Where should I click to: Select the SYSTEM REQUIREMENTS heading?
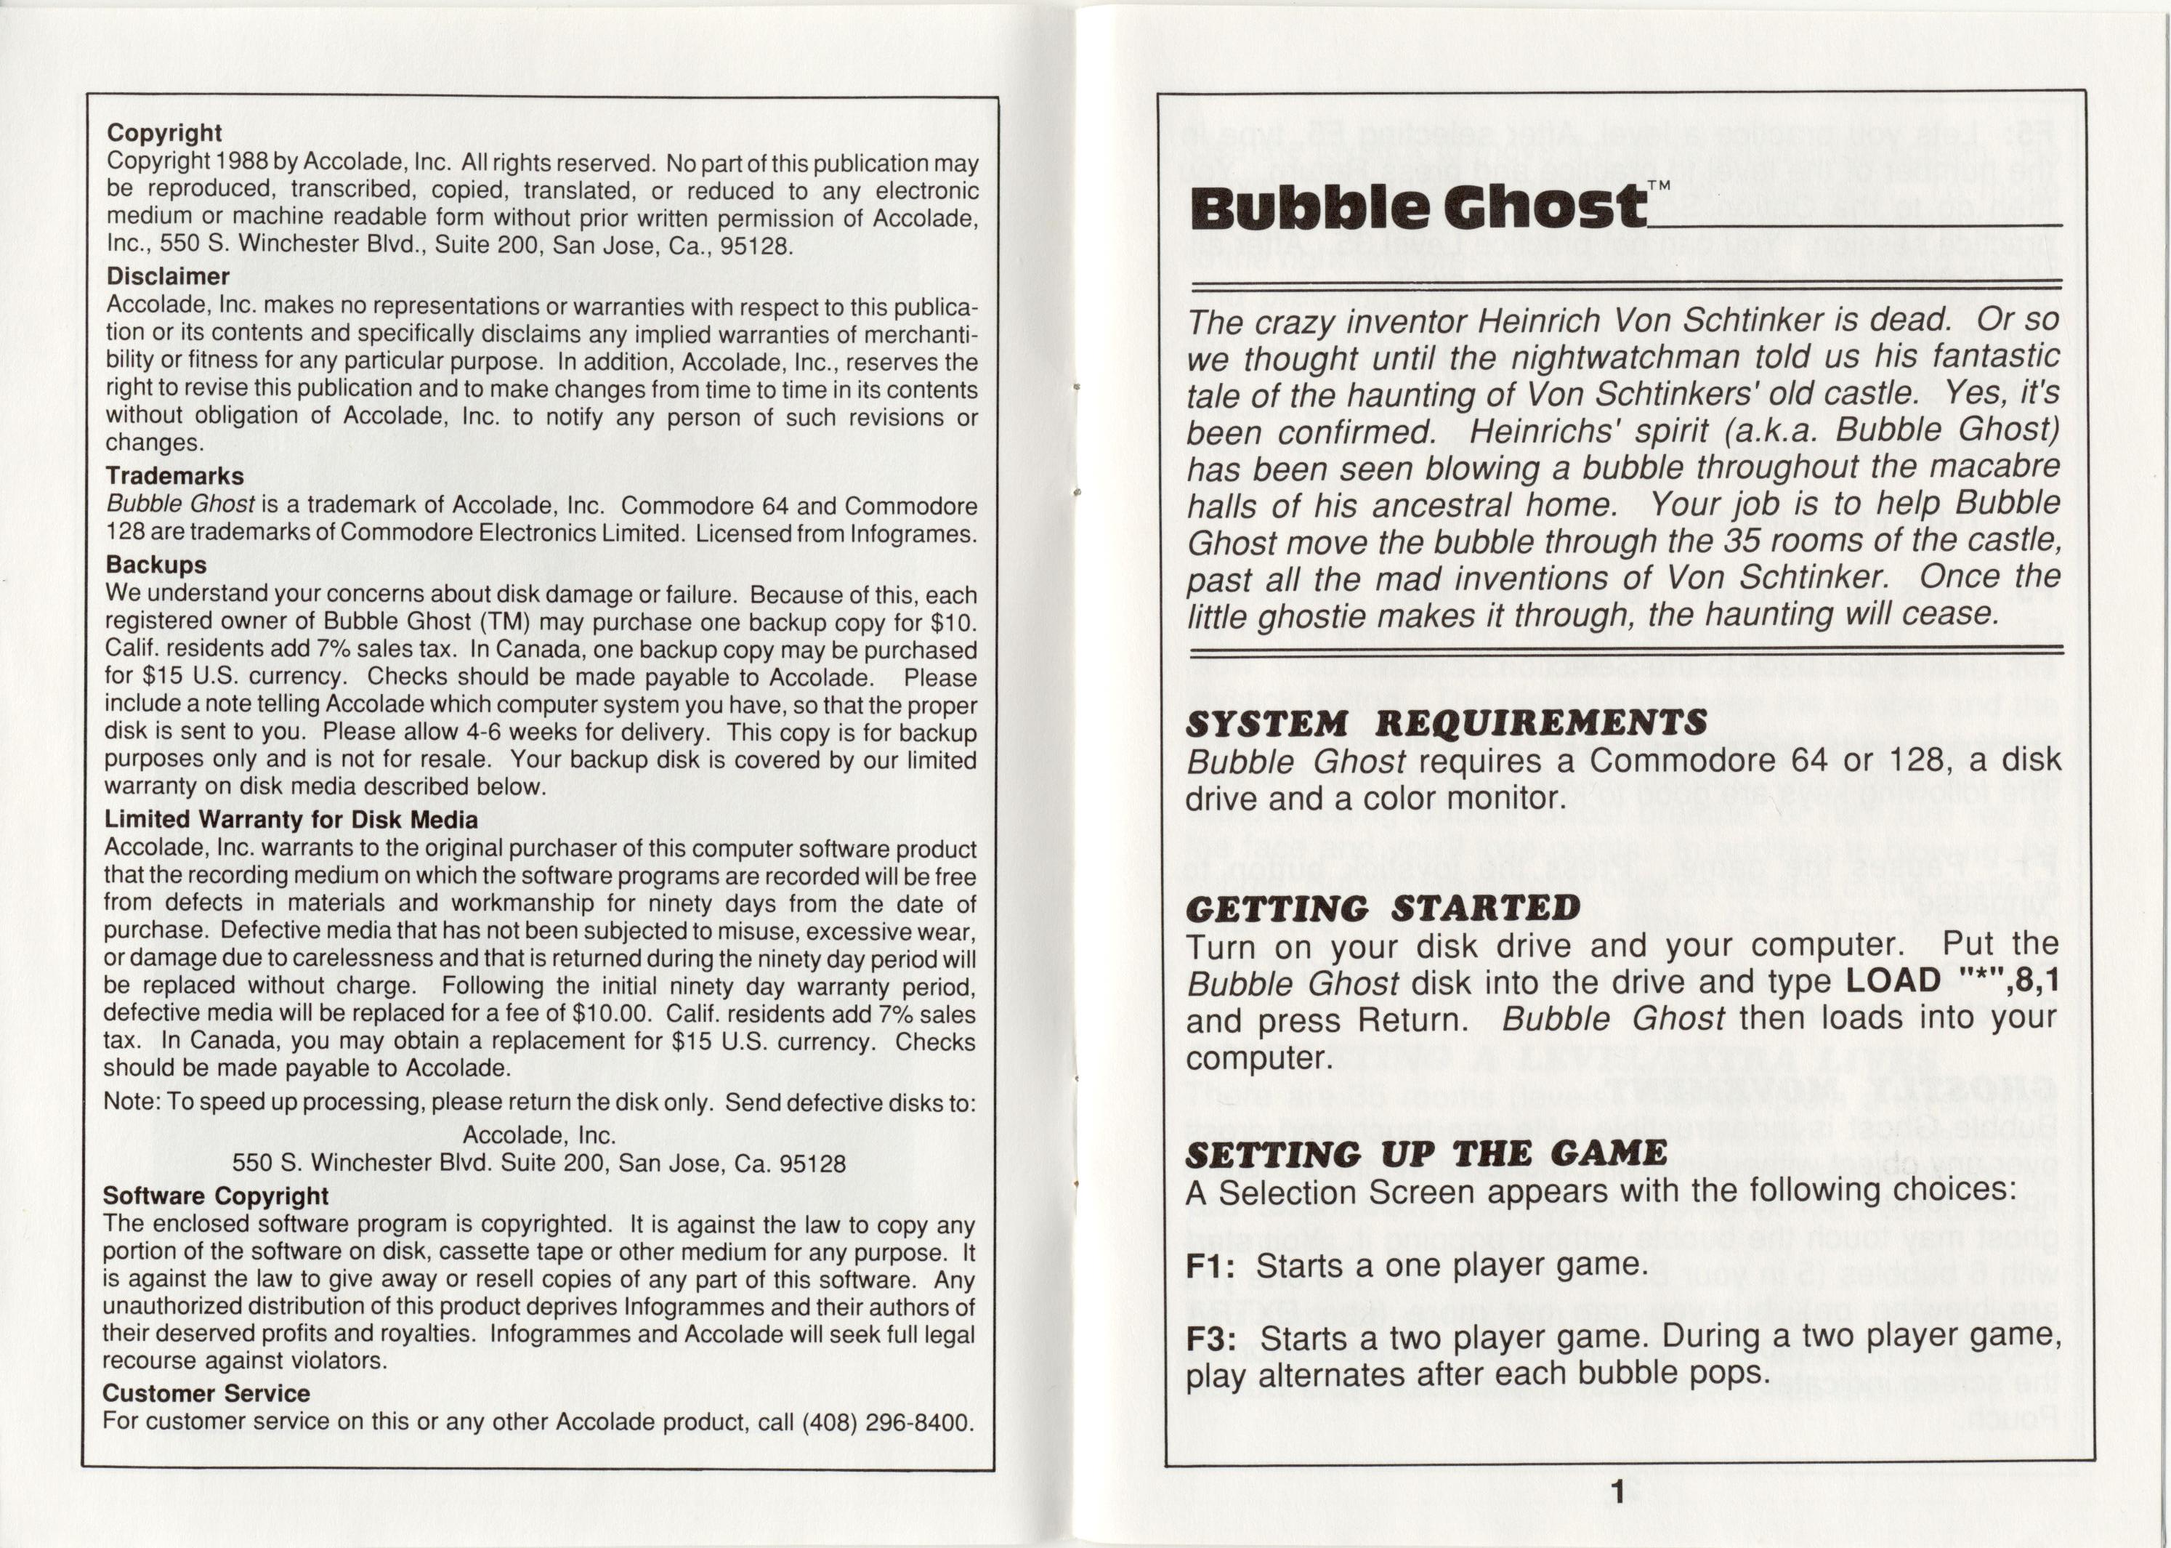[x=1446, y=723]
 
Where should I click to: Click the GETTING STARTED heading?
[x=1383, y=908]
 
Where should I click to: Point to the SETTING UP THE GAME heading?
[x=1426, y=1154]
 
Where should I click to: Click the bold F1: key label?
[x=1210, y=1267]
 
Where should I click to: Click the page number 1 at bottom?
[x=1617, y=1492]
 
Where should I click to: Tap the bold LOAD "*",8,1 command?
[x=1953, y=981]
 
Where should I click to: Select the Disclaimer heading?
[x=168, y=276]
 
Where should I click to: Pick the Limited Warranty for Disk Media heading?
[x=291, y=819]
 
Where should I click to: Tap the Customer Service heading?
[x=206, y=1394]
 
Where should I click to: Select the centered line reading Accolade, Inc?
[x=538, y=1135]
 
